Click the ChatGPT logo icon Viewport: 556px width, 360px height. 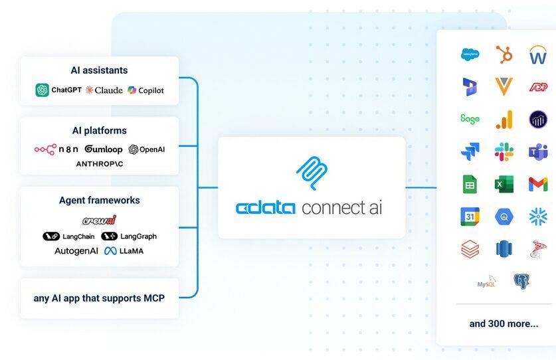[43, 90]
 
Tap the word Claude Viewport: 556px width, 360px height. [108, 90]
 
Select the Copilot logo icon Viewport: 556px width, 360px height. [132, 90]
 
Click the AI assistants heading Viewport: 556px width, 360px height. [100, 70]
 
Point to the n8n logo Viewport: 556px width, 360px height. [56, 149]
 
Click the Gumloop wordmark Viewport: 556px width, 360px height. [104, 149]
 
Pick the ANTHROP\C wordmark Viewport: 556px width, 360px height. [100, 163]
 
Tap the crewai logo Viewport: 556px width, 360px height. [100, 220]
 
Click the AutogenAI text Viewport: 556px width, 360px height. [76, 251]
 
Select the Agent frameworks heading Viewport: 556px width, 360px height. [100, 200]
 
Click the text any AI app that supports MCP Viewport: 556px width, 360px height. [99, 298]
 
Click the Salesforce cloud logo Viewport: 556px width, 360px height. [470, 54]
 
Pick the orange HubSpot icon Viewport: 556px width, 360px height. [504, 54]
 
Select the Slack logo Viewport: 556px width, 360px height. [504, 152]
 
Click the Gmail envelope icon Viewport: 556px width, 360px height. [538, 184]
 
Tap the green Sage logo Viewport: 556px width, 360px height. [470, 119]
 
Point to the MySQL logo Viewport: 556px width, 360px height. [487, 282]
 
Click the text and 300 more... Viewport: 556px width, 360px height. [504, 323]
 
